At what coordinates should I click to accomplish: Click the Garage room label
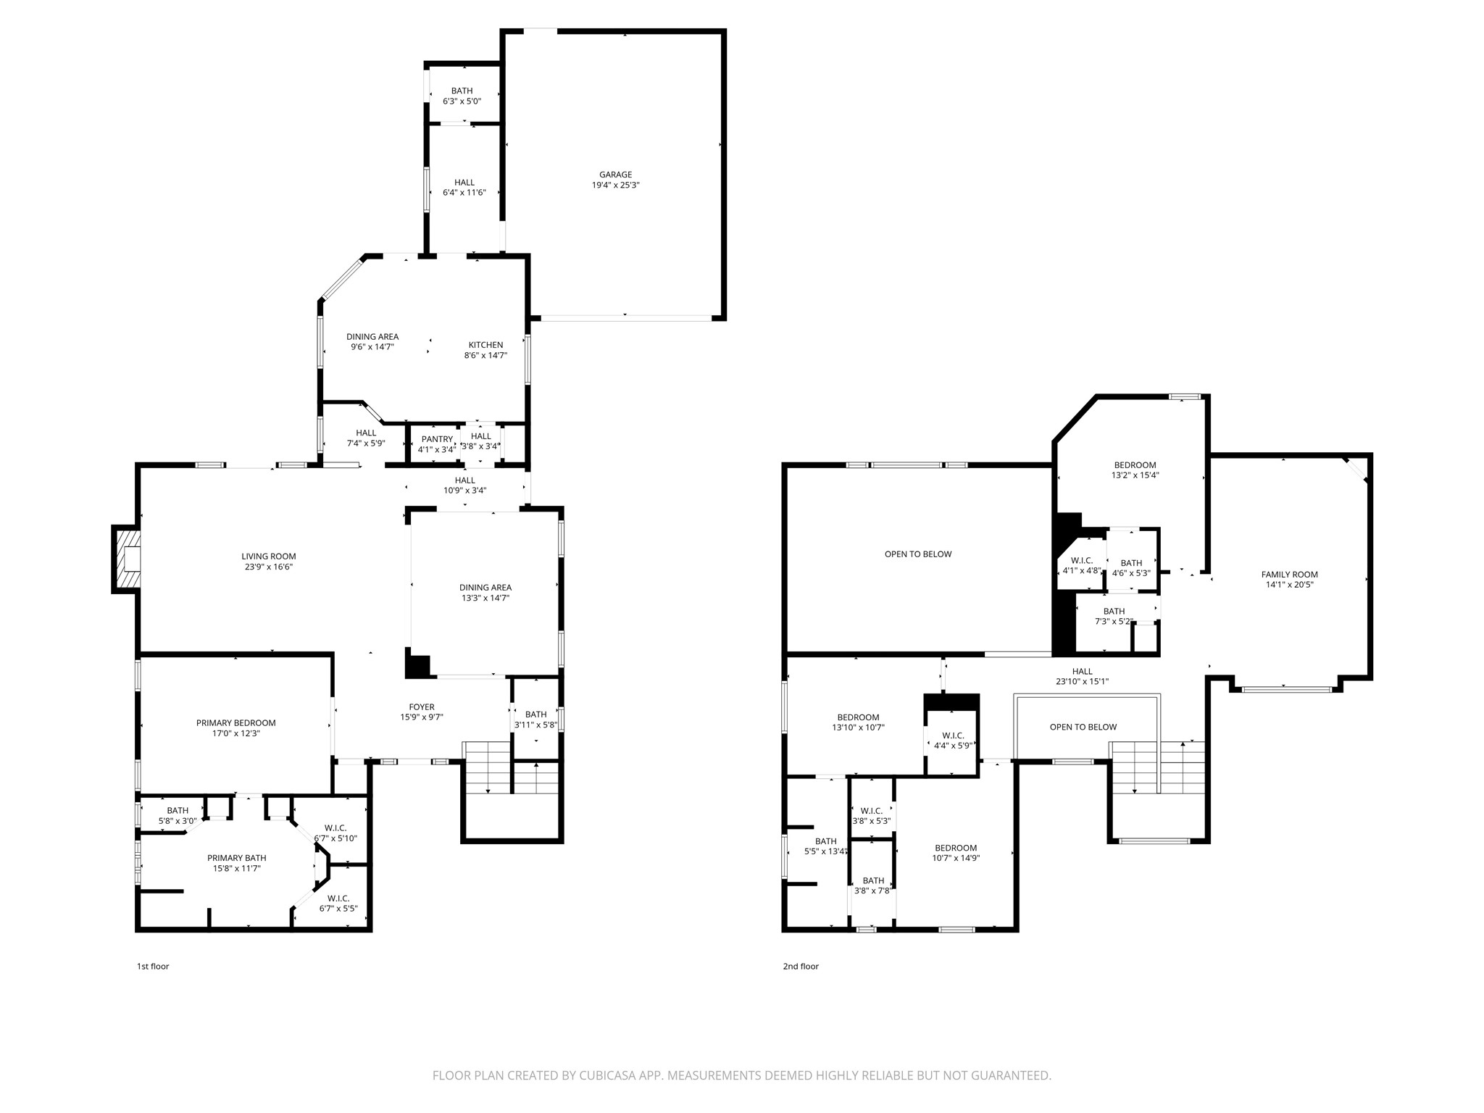[x=615, y=175]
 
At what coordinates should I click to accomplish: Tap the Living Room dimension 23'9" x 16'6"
[x=269, y=567]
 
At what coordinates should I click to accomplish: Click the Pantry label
[x=437, y=439]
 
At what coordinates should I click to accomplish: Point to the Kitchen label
[x=485, y=345]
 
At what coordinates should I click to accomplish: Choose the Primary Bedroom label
[x=235, y=722]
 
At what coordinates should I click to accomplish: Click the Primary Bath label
[x=236, y=858]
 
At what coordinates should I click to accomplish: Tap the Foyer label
[x=422, y=707]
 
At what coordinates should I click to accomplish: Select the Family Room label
[x=1289, y=575]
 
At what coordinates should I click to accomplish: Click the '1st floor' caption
[x=153, y=966]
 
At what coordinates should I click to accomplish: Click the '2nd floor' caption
[x=801, y=966]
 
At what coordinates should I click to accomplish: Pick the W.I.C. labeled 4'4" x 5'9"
[x=952, y=740]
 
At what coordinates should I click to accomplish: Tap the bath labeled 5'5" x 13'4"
[x=825, y=846]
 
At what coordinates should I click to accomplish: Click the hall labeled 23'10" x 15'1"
[x=1082, y=676]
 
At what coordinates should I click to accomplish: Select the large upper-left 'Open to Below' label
[x=918, y=554]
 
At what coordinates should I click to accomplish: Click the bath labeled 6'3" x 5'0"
[x=462, y=96]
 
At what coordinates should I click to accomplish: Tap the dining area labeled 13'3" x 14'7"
[x=485, y=593]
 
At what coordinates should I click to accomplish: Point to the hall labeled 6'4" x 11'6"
[x=464, y=188]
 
